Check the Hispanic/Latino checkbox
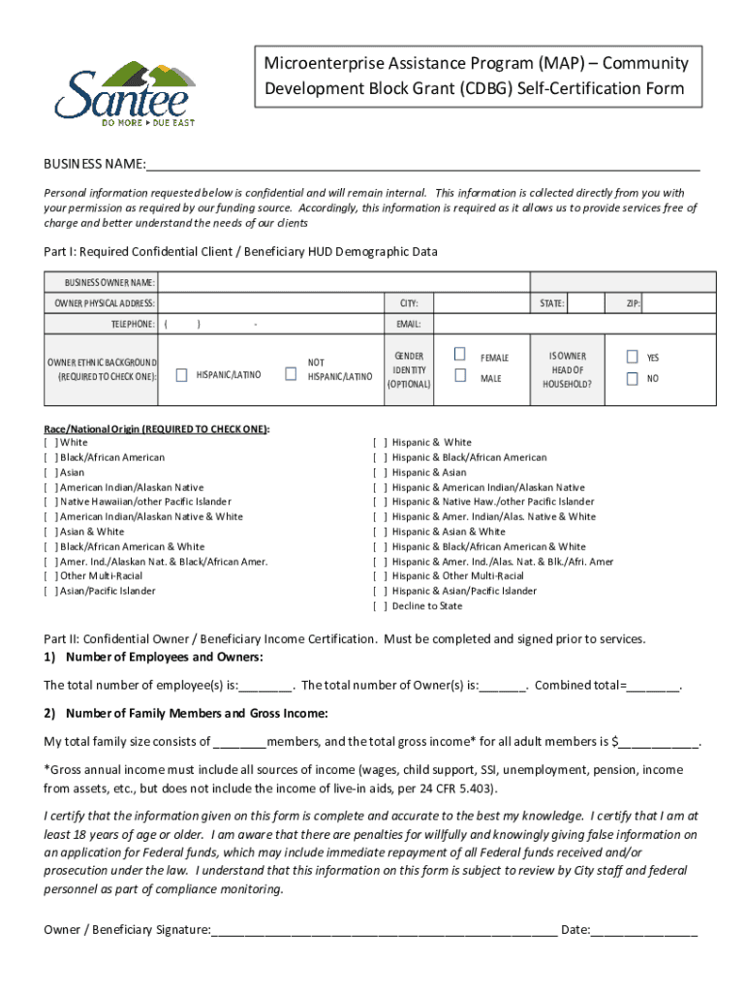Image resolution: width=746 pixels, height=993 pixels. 181,374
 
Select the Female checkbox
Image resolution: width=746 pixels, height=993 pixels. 460,356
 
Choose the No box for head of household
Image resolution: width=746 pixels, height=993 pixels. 632,378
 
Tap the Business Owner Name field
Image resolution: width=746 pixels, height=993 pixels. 436,282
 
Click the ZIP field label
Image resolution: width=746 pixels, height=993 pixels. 633,304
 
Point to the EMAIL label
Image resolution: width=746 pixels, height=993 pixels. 407,324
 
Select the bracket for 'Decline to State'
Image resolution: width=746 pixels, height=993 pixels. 380,606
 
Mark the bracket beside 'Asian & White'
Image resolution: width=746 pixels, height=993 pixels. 50,531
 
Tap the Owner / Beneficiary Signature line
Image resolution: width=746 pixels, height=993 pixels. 384,930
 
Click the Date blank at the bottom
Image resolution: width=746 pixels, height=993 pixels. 644,930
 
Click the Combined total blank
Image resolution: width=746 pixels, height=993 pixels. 653,686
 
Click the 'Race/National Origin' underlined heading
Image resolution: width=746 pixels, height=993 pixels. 157,428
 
